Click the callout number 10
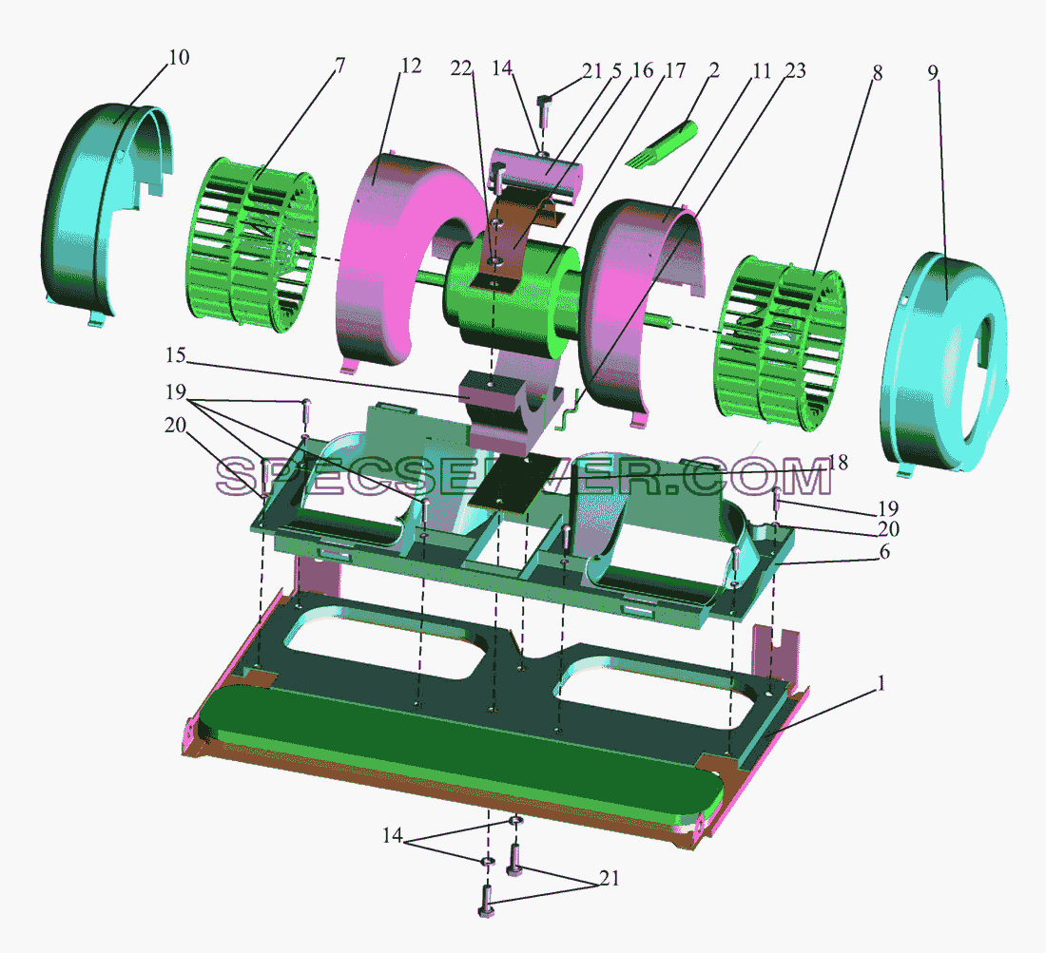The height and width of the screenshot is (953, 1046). click(179, 57)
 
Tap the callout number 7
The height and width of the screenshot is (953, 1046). click(339, 66)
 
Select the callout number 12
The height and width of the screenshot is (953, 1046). click(411, 66)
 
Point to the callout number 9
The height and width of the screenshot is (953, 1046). click(933, 72)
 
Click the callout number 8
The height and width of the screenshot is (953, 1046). click(878, 72)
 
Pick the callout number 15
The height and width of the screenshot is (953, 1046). click(176, 355)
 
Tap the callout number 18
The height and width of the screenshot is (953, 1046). click(839, 462)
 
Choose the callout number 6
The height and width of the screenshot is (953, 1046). click(884, 551)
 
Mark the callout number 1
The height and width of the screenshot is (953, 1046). click(881, 683)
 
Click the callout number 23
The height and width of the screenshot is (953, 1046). click(795, 70)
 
